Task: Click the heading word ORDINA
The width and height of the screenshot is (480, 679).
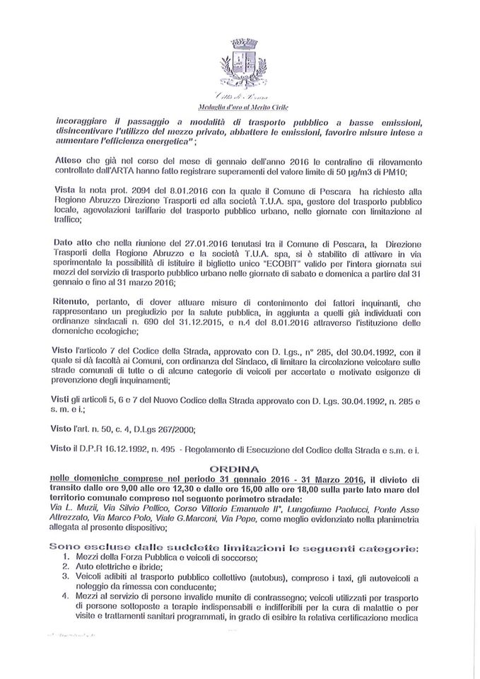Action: (240, 468)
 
